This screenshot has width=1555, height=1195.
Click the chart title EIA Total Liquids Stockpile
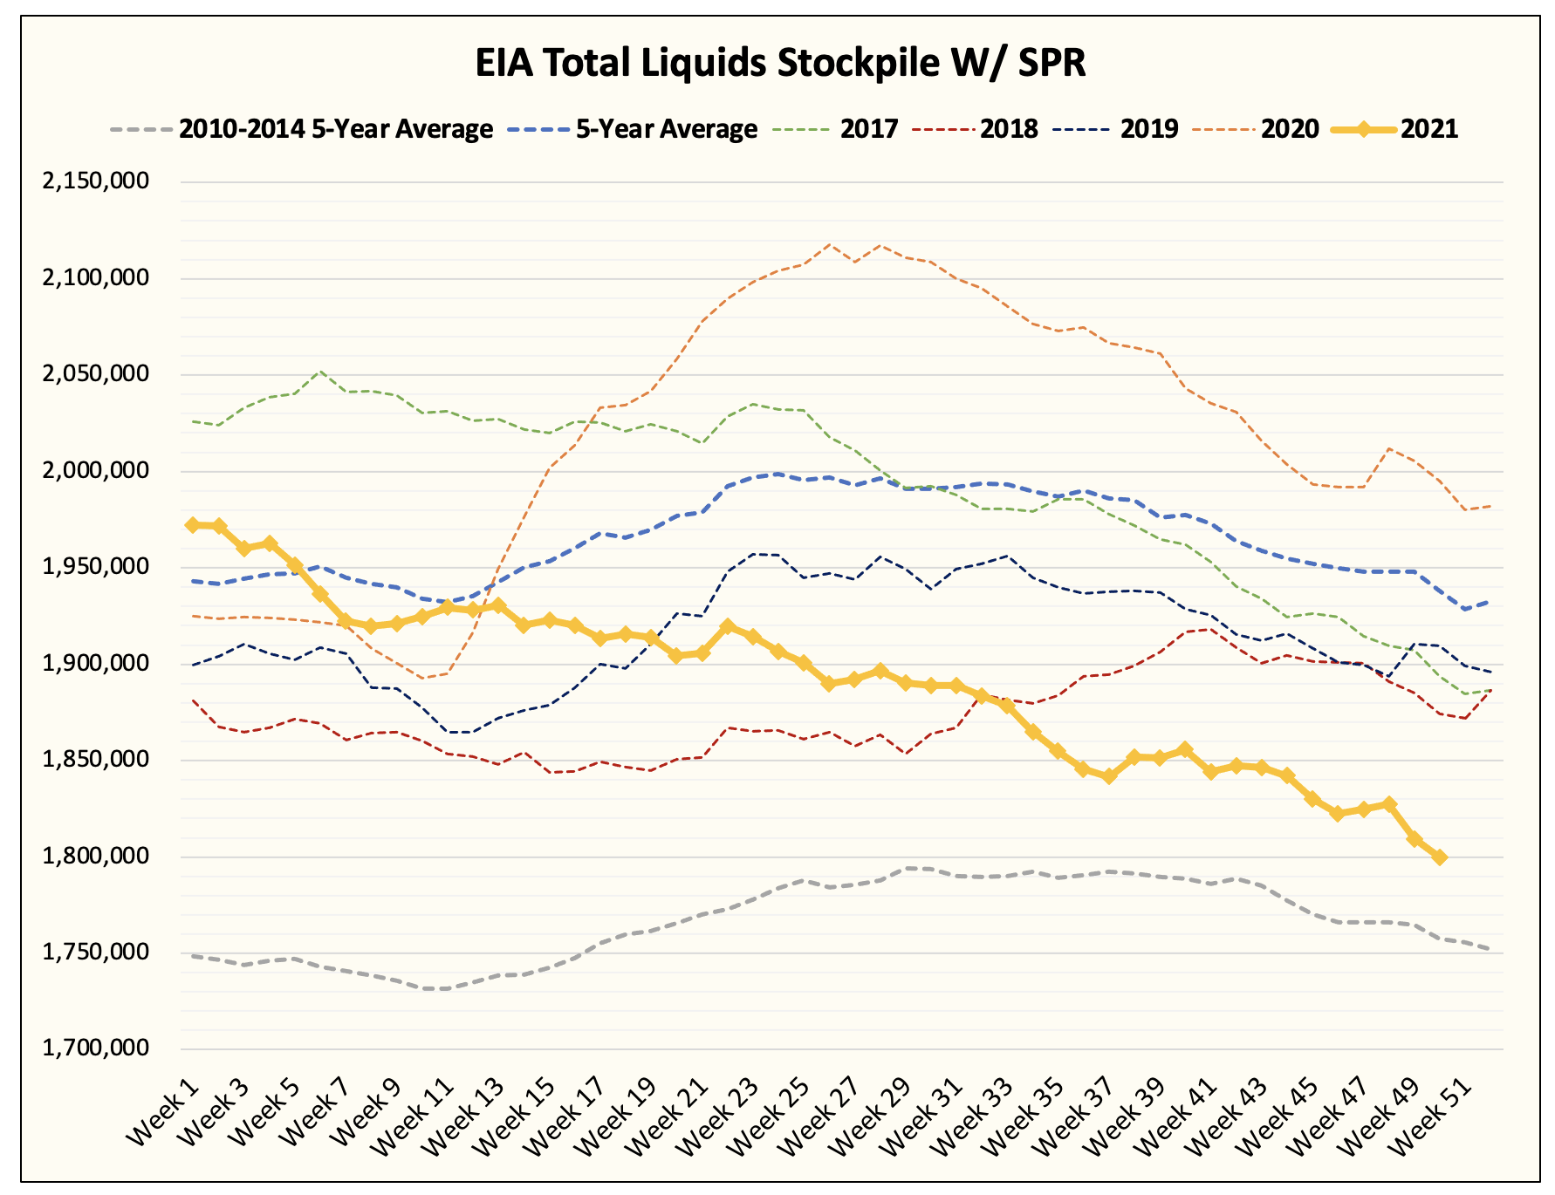click(x=780, y=64)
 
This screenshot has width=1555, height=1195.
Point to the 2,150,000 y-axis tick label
click(x=96, y=181)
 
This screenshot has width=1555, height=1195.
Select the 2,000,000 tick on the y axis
click(x=96, y=470)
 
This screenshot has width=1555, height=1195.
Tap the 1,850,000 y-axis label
click(x=96, y=759)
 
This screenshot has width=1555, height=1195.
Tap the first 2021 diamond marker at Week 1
click(x=193, y=525)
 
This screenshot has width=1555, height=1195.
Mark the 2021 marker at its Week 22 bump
click(x=728, y=627)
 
